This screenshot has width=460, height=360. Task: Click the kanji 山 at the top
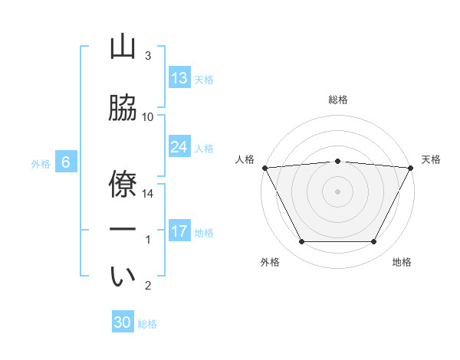[123, 47]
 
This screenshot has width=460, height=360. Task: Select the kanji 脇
[123, 108]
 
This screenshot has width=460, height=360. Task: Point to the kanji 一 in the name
[123, 229]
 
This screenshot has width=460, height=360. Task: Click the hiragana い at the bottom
[123, 277]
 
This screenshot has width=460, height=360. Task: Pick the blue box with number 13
[179, 78]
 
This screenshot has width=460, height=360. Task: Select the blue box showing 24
[179, 147]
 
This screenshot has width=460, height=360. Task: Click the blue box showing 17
[179, 231]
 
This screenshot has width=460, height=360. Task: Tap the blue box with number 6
[66, 162]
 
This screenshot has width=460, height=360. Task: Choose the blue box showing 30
[123, 322]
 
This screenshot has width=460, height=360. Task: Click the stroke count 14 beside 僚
[149, 195]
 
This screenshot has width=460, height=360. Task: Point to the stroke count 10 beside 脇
[148, 117]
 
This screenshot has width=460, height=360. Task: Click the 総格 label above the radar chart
[338, 100]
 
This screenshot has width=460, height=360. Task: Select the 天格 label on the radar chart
[432, 159]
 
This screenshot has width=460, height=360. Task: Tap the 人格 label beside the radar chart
[245, 159]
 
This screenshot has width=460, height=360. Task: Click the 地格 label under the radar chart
[402, 262]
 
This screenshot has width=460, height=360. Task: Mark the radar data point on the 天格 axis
[411, 167]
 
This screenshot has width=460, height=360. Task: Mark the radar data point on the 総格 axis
[338, 161]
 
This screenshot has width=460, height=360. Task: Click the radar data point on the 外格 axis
[301, 242]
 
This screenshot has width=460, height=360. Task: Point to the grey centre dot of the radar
[338, 191]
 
